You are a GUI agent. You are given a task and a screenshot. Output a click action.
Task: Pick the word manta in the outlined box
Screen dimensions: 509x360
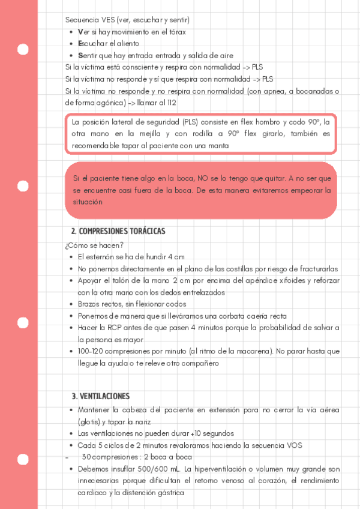(218, 146)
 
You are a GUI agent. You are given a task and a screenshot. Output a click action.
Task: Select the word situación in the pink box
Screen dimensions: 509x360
(88, 202)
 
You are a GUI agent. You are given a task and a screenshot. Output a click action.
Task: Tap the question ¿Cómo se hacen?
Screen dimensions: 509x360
(94, 245)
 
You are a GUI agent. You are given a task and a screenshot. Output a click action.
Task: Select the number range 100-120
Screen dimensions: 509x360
(91, 351)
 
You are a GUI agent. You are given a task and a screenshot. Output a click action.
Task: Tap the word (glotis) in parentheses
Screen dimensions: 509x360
(89, 421)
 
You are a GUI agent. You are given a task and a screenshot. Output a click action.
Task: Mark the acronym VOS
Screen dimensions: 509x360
(293, 445)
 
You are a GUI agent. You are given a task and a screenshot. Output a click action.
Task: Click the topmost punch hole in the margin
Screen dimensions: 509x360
(23, 49)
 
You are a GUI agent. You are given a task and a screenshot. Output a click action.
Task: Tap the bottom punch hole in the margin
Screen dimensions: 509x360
(23, 460)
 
